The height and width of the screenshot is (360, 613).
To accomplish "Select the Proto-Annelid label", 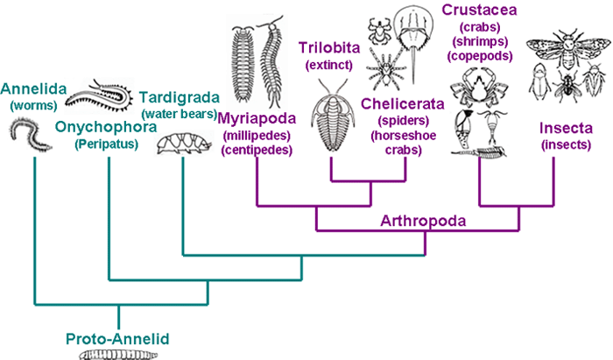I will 116,338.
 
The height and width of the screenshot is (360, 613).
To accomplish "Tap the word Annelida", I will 33,88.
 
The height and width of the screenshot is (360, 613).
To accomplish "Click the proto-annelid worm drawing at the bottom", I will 116,353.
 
